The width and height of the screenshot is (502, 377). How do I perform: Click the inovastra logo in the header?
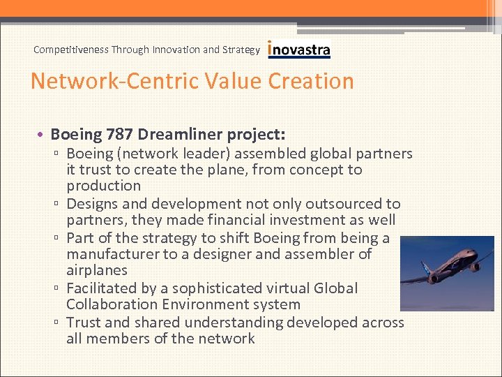tap(299, 50)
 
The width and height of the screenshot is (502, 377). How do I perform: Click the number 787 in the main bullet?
tap(121, 133)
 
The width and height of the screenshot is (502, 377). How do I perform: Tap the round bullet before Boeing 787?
tap(43, 133)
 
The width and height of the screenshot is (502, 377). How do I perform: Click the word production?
tap(104, 186)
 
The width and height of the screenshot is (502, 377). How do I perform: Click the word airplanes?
tap(97, 270)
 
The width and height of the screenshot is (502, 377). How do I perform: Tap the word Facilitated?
tap(106, 288)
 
